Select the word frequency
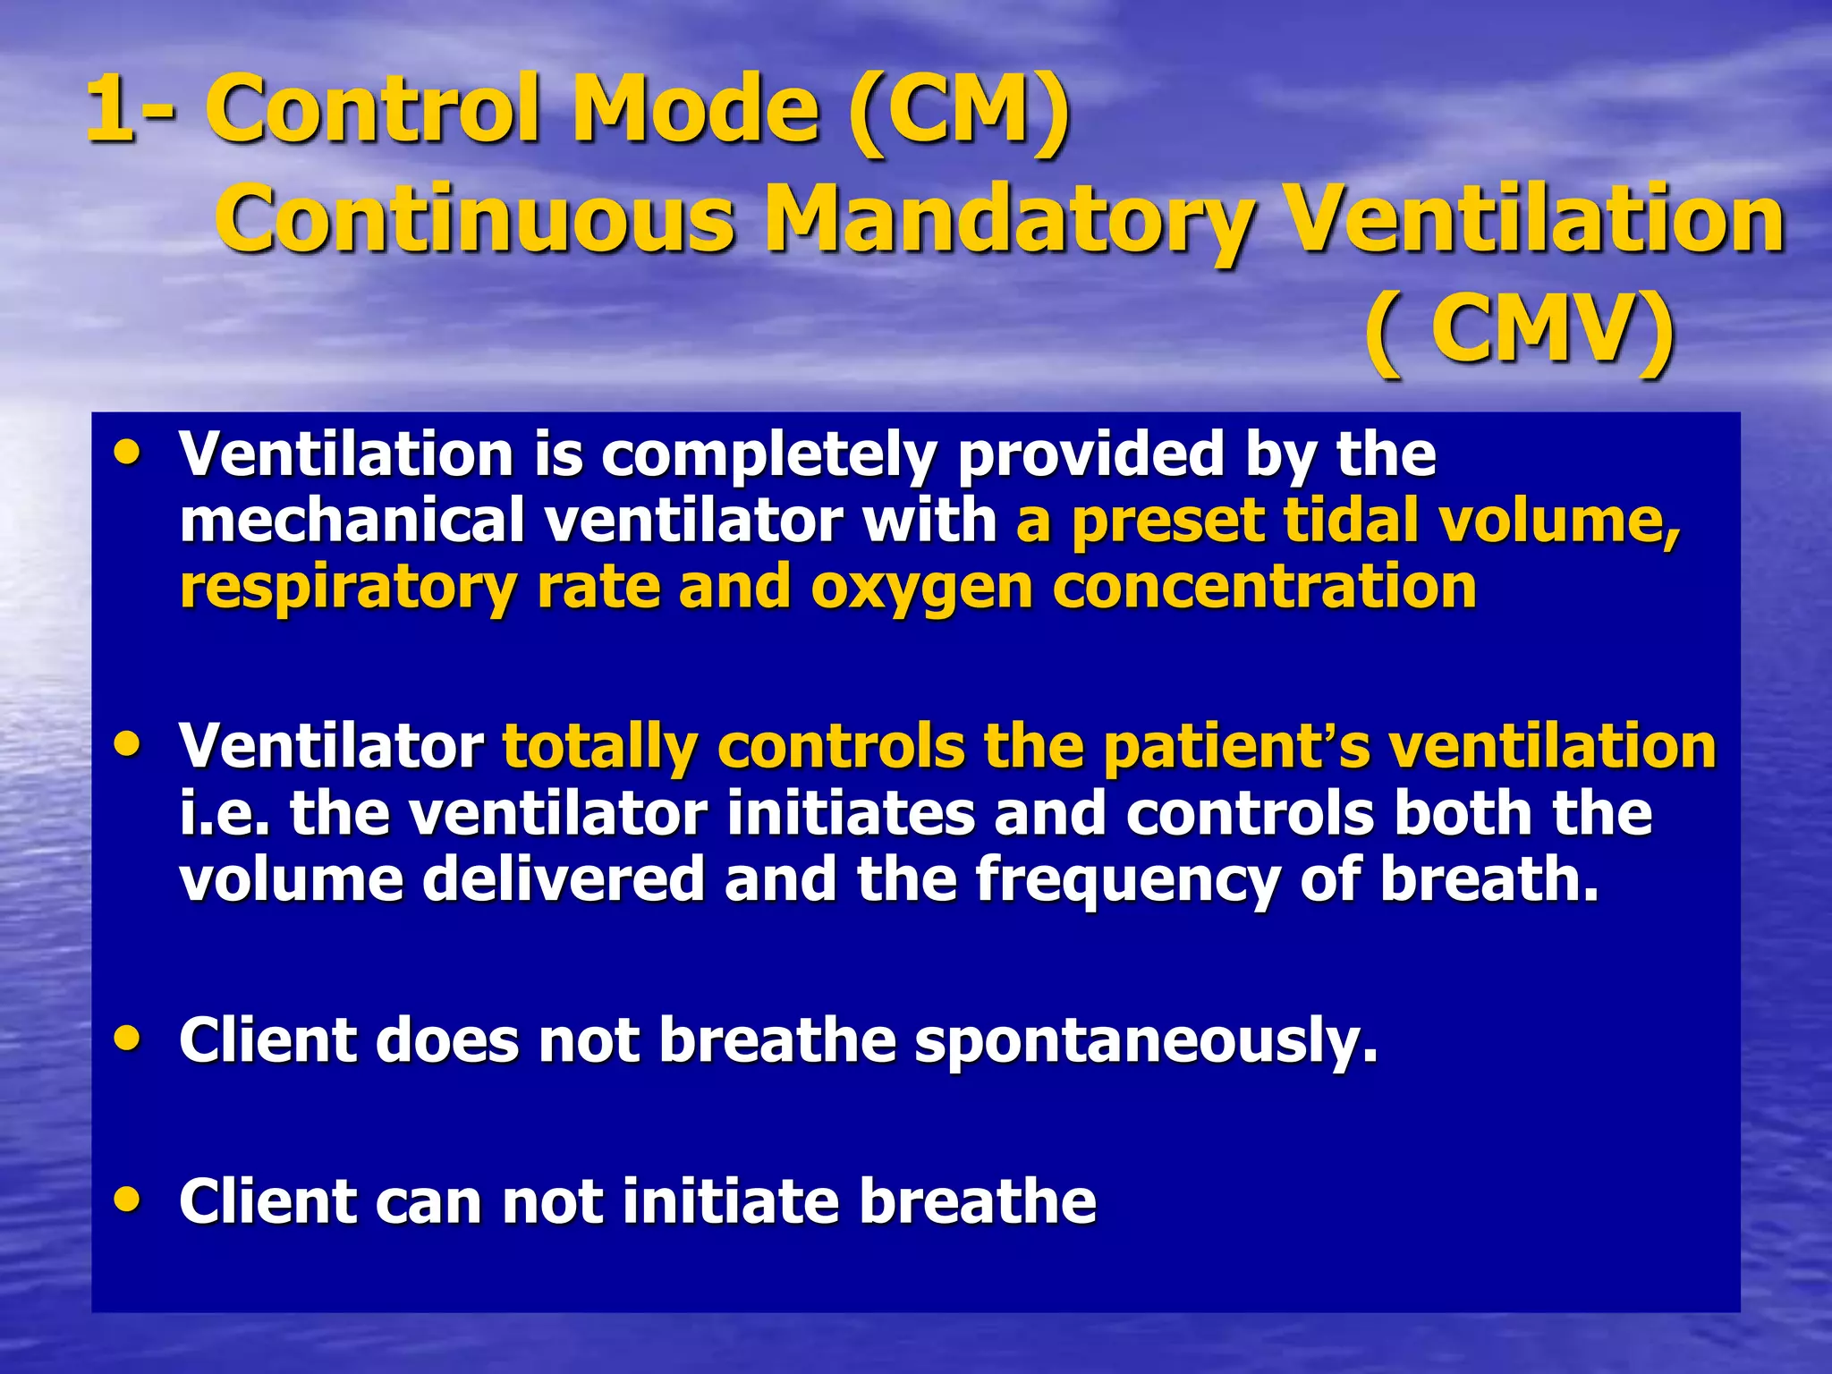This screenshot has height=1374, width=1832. click(x=1128, y=878)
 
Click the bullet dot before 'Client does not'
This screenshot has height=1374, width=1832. click(x=128, y=1038)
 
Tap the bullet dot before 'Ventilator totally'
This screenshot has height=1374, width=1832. click(x=128, y=743)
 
